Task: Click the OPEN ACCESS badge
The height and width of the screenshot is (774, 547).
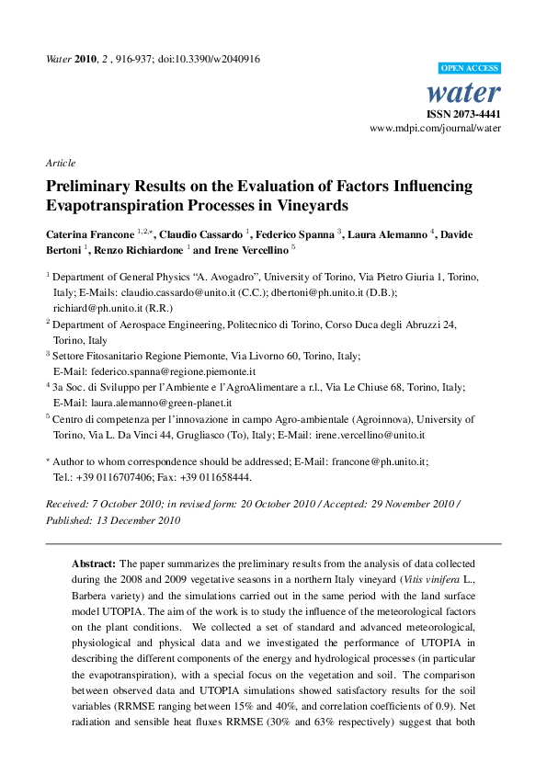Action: click(x=471, y=68)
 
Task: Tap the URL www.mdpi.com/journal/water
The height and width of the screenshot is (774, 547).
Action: click(x=435, y=130)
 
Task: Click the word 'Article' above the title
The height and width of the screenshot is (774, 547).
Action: click(x=61, y=163)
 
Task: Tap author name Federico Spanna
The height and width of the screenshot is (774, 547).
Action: click(x=297, y=234)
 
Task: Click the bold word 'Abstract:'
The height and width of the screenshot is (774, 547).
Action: click(x=95, y=562)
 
